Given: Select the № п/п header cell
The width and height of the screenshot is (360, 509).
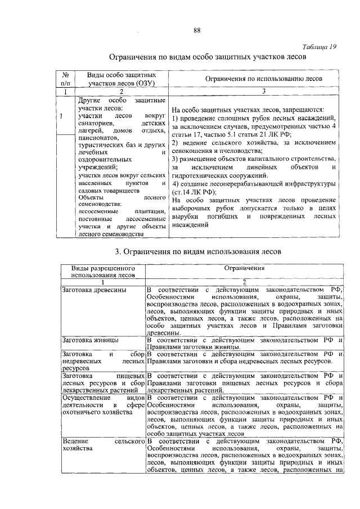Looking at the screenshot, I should pyautogui.click(x=65, y=79).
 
